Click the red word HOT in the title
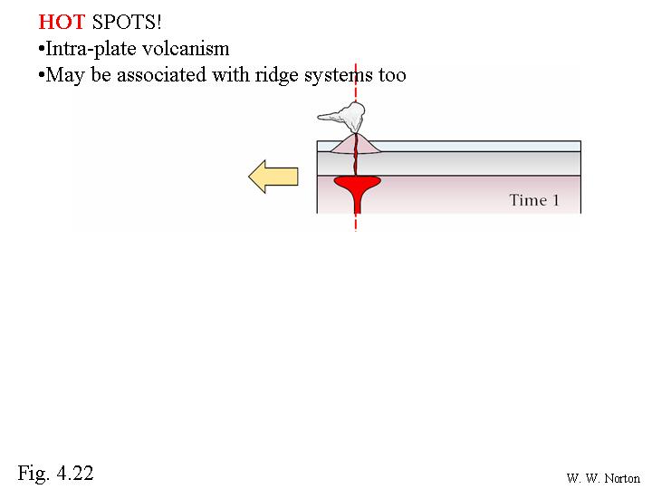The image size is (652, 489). point(62,22)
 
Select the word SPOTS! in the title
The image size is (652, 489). point(127,22)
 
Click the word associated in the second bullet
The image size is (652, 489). point(161,75)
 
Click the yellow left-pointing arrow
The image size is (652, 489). point(273,177)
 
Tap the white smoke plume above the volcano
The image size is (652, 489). point(342,117)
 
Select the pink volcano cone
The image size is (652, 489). point(356,143)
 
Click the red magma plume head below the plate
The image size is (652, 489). point(357,185)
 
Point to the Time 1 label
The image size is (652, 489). point(534,200)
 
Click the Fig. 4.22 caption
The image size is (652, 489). point(55,473)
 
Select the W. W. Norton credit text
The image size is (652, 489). point(603,478)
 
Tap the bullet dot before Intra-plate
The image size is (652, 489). point(41,50)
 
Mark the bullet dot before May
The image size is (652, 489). point(41,76)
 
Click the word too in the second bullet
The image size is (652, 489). point(392,76)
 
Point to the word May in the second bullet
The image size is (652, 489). point(65,76)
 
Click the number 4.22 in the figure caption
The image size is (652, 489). point(75,473)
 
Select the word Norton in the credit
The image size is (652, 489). point(622,478)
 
